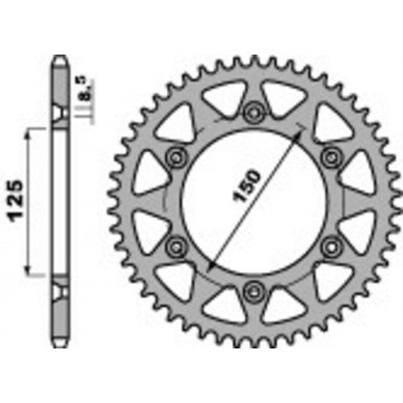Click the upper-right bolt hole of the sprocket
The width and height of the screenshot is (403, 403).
pyautogui.click(x=332, y=157)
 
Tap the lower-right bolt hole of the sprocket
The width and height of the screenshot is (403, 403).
pyautogui.click(x=332, y=245)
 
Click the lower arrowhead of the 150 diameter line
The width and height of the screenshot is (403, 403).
pyautogui.click(x=209, y=266)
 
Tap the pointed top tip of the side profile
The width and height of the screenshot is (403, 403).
pyautogui.click(x=60, y=60)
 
